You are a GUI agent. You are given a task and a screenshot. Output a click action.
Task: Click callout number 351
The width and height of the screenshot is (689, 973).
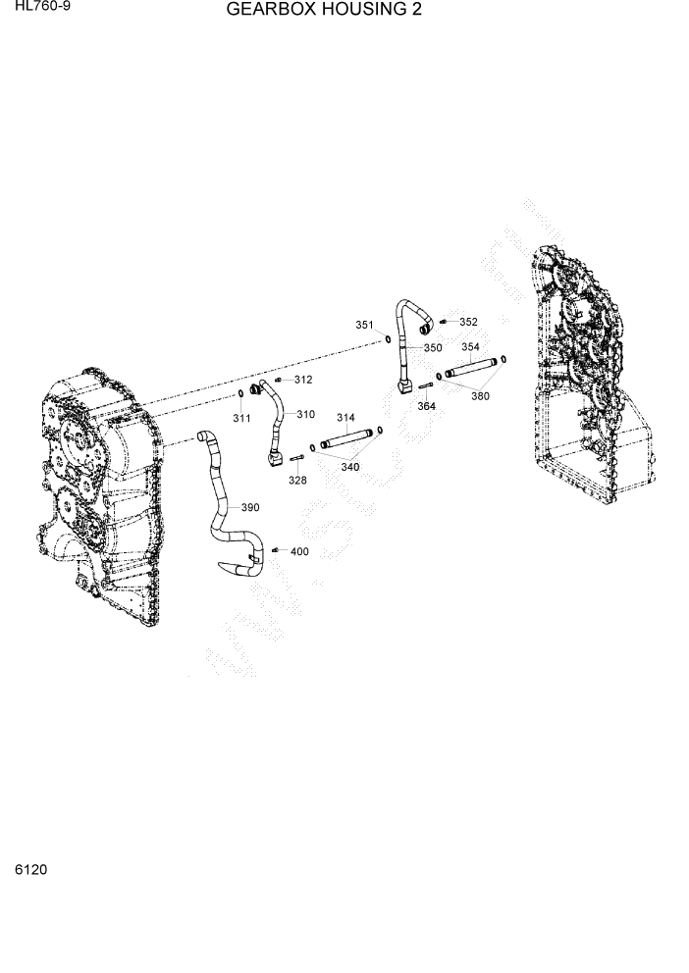364,325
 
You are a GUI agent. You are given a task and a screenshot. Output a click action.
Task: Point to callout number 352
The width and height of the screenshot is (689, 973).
468,322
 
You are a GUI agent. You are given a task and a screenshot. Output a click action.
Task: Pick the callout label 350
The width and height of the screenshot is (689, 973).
433,347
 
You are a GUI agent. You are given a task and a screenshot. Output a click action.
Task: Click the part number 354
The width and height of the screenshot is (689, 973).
470,347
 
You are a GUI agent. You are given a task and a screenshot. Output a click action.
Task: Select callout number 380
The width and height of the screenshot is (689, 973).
480,396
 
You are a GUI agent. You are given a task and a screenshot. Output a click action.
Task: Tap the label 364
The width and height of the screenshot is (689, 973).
426,406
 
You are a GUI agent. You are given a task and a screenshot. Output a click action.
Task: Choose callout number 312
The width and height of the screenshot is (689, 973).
302,380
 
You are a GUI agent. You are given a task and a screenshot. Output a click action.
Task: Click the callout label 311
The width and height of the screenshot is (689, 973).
241,419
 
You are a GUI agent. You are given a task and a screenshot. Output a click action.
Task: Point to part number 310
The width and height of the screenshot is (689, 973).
305,414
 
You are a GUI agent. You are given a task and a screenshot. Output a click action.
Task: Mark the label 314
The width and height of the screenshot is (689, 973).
345,418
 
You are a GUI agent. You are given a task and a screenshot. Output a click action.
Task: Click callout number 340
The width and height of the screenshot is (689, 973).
349,467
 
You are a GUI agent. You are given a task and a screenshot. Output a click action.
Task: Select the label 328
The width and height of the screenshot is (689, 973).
297,481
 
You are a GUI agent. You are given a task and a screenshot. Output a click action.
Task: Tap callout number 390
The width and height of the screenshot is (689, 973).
250,507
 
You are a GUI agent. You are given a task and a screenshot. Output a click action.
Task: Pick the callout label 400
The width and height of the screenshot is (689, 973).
299,551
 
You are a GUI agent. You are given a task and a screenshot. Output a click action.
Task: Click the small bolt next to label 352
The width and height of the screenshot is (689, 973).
444,321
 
